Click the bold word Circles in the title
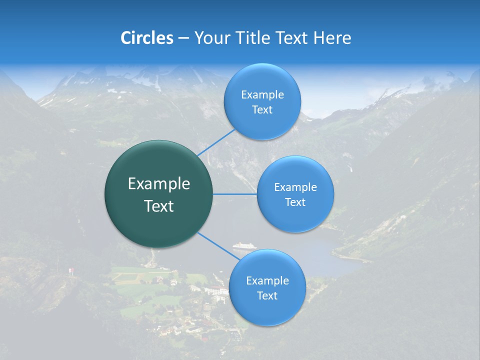click(x=147, y=38)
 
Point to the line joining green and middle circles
click(x=235, y=194)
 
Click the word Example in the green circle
click(x=159, y=184)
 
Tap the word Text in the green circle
click(x=159, y=206)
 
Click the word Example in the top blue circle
click(x=262, y=95)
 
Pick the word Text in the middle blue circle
click(x=295, y=202)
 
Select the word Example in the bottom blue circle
click(x=267, y=281)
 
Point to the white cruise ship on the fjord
click(x=244, y=246)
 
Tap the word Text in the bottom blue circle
click(x=267, y=296)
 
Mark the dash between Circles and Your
click(x=183, y=38)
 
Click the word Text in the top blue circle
click(x=262, y=110)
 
